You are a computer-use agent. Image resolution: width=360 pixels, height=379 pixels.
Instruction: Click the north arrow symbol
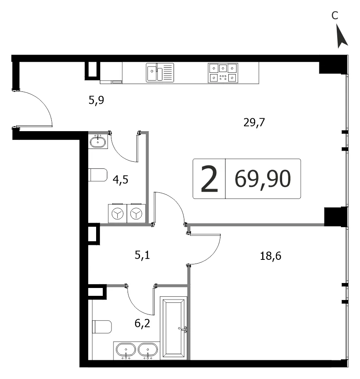(342, 36)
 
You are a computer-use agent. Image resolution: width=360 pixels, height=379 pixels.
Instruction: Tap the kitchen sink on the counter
(160, 72)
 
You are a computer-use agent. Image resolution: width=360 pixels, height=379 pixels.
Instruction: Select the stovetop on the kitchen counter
(223, 73)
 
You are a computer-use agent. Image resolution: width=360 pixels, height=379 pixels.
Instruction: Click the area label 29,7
(254, 122)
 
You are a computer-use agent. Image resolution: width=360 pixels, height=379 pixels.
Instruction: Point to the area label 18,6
(271, 256)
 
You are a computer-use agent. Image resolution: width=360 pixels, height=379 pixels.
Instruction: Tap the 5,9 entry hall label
(96, 100)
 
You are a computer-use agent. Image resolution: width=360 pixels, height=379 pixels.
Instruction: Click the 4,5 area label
(121, 180)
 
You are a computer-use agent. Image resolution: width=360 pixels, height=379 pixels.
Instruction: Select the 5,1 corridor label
(142, 255)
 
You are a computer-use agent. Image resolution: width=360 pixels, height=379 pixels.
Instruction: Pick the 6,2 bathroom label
(142, 323)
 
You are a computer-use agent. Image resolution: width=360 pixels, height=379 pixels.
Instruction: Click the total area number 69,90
(263, 179)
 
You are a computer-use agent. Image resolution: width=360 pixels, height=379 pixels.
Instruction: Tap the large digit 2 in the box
(210, 179)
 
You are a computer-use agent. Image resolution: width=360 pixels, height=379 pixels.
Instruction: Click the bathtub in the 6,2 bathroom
(174, 328)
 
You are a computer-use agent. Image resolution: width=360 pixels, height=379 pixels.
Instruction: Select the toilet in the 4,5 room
(98, 175)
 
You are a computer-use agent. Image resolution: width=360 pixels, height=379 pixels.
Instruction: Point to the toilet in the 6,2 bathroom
(102, 327)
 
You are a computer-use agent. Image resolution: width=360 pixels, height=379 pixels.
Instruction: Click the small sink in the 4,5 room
(98, 142)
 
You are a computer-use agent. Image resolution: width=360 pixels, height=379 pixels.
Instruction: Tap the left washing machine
(118, 213)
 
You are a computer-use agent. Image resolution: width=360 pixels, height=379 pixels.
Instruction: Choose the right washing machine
(136, 213)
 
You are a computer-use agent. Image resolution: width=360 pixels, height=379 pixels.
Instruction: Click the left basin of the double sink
(126, 350)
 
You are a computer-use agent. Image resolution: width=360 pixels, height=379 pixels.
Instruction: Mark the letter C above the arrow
(335, 15)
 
